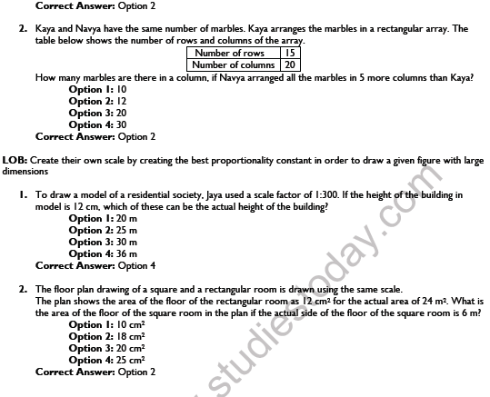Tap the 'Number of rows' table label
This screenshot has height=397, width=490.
235,54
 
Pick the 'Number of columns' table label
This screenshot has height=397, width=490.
235,65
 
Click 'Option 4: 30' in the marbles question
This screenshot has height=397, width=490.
98,124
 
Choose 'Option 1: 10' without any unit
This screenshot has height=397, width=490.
98,89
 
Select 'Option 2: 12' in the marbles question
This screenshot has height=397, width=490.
98,101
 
